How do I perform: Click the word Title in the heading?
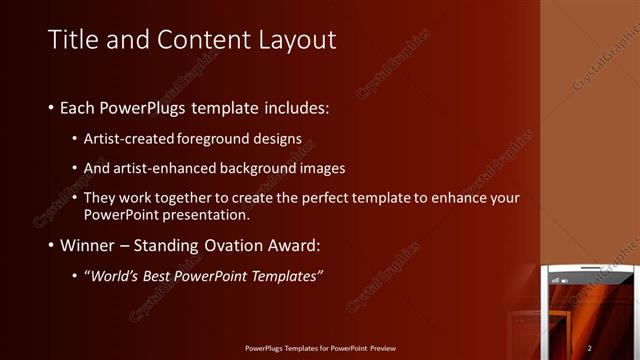pyautogui.click(x=72, y=40)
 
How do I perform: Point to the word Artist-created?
pyautogui.click(x=127, y=137)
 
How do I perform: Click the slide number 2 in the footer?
pyautogui.click(x=590, y=347)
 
